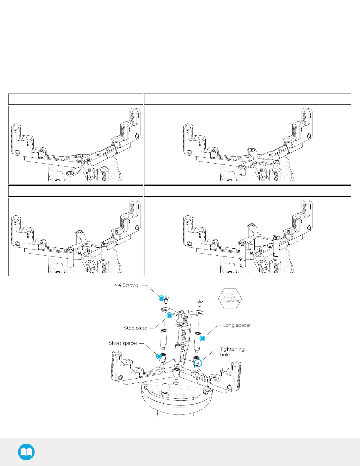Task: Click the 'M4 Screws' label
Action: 126,285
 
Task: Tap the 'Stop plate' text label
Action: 135,328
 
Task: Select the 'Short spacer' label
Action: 123,343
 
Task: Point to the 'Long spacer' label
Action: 237,325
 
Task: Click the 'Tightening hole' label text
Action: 232,352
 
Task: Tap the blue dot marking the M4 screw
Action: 161,298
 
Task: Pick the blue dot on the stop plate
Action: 169,315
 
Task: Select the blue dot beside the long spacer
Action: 202,339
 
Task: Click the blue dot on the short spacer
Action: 159,357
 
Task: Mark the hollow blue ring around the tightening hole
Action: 198,363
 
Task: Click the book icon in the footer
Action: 26,452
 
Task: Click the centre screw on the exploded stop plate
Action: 180,314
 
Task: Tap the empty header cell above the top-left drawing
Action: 75,99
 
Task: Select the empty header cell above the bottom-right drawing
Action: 247,191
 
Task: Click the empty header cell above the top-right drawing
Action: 247,99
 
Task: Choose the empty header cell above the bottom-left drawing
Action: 75,191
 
